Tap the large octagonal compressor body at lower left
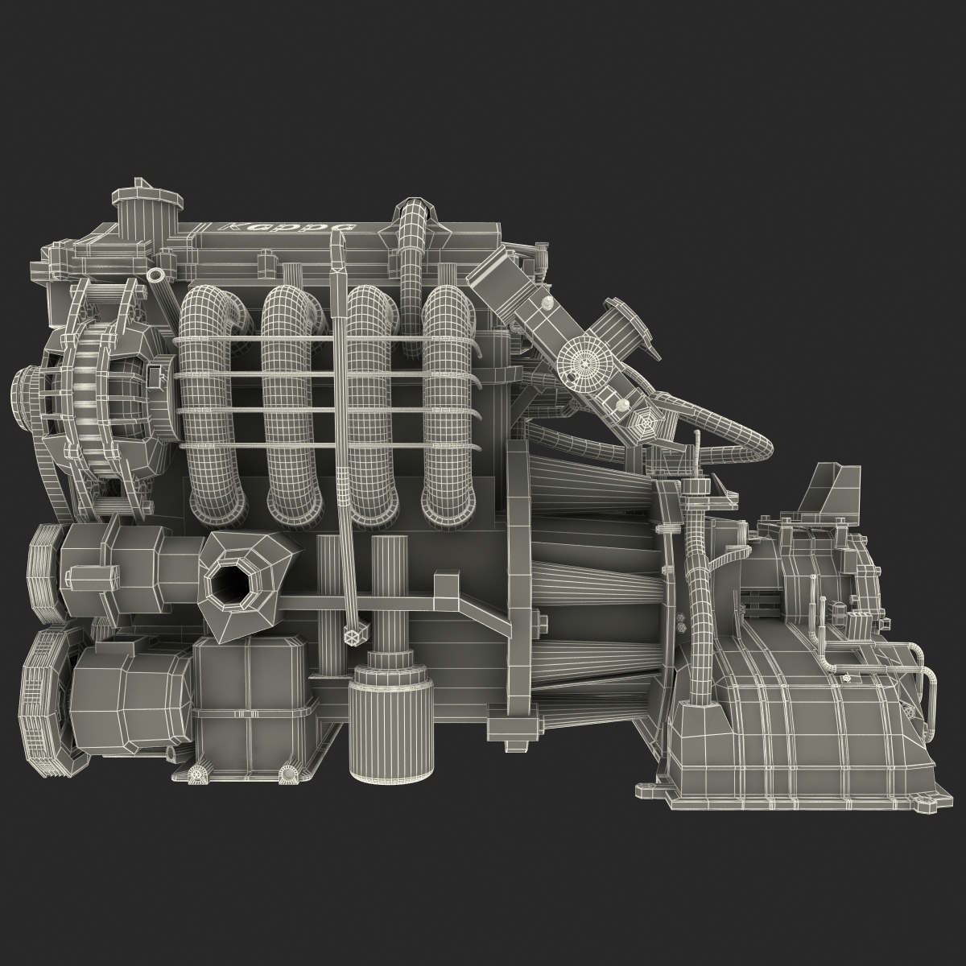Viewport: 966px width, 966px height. click(129, 692)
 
